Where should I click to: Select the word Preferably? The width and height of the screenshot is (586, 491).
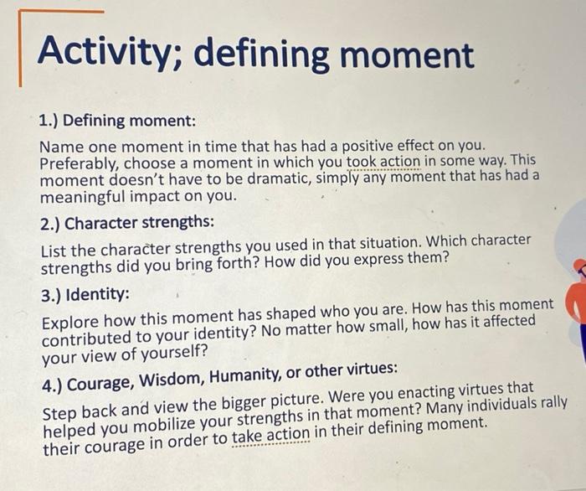80,163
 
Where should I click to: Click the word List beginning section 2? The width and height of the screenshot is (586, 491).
55,251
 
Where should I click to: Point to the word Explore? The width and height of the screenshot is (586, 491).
70,323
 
